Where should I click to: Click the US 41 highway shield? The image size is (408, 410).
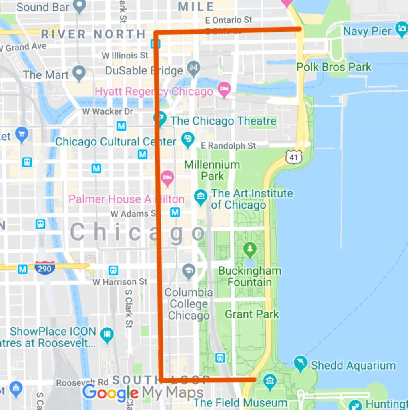click(294, 157)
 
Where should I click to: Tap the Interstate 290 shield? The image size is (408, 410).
click(44, 268)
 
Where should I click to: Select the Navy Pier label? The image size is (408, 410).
click(367, 31)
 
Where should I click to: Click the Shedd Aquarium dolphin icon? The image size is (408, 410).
click(300, 364)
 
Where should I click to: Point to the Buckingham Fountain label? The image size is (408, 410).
click(250, 276)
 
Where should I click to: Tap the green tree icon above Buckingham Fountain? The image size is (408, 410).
click(250, 249)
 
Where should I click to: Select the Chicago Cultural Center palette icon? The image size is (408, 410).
click(187, 140)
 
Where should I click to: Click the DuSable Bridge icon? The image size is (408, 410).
click(193, 69)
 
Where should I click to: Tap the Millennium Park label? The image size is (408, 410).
click(212, 170)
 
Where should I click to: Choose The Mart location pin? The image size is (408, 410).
click(80, 73)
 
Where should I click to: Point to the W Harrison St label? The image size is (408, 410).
click(120, 282)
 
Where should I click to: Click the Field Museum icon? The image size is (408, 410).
click(270, 381)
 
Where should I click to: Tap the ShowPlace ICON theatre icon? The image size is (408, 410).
click(107, 335)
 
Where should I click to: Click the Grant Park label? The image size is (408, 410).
click(252, 314)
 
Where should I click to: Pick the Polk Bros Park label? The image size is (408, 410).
click(334, 67)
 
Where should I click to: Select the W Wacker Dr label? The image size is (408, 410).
click(108, 111)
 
